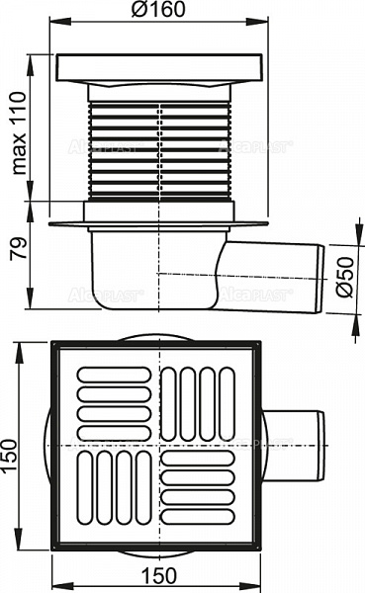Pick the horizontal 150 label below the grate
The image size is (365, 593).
coord(161,576)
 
